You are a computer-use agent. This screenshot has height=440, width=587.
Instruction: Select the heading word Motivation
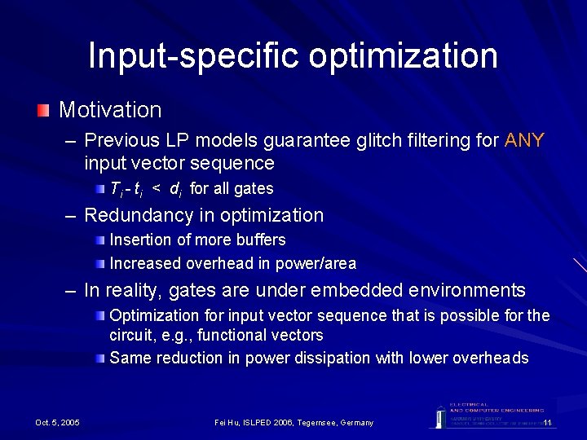(110, 110)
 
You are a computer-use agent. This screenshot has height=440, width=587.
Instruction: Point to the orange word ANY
(524, 141)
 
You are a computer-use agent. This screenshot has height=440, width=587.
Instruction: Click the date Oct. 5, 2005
(58, 423)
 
